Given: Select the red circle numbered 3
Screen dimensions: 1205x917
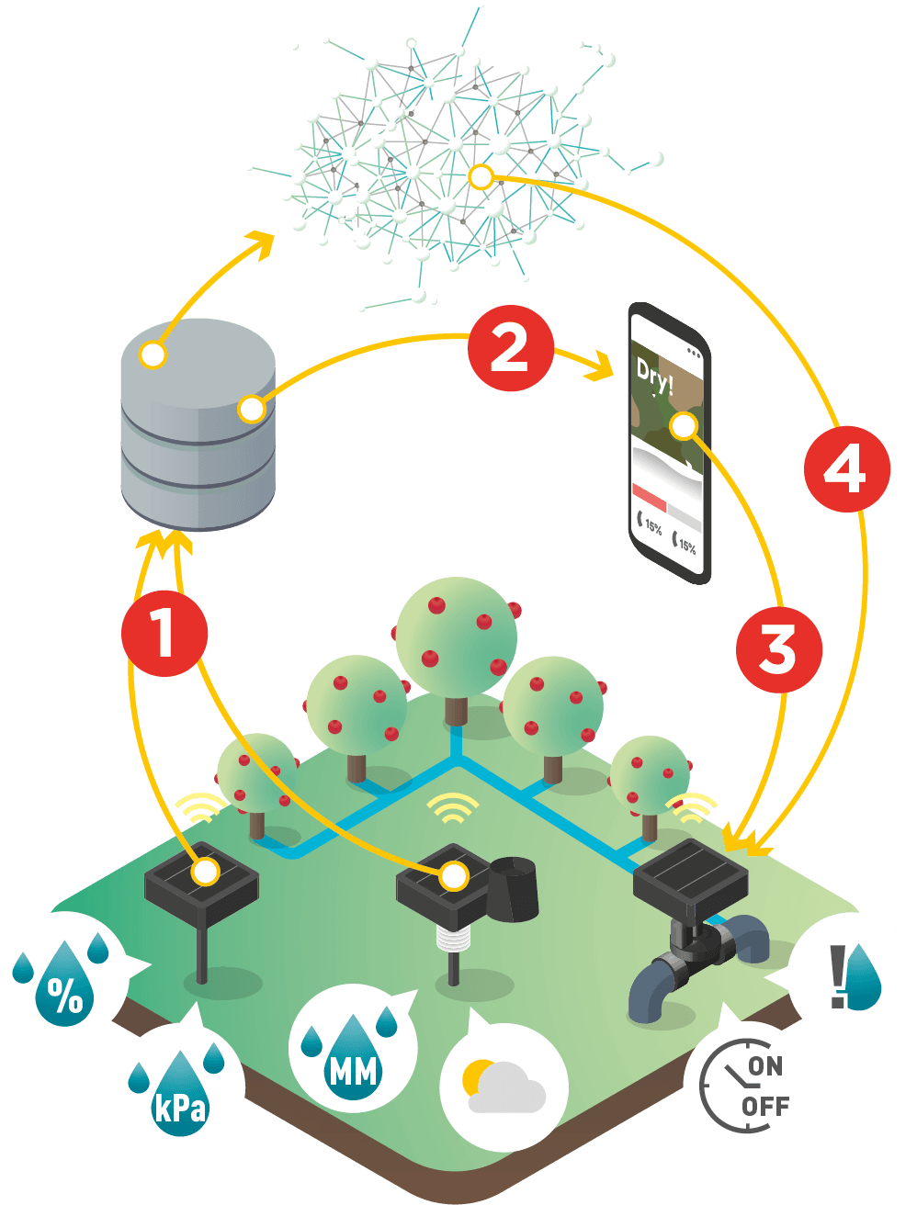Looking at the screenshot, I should [x=778, y=649].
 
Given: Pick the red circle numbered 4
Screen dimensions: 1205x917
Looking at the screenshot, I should [x=846, y=471].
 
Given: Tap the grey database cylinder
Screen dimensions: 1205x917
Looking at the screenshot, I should [x=198, y=422].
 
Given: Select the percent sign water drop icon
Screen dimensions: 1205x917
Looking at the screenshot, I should [x=65, y=987].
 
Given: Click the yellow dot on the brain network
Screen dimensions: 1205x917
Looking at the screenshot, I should [x=481, y=177].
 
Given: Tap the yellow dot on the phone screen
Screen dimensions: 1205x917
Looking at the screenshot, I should [x=683, y=425].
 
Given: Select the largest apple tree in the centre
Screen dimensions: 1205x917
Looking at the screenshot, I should [x=457, y=634].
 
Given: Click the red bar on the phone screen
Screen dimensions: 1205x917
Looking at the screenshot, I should [x=650, y=498].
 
